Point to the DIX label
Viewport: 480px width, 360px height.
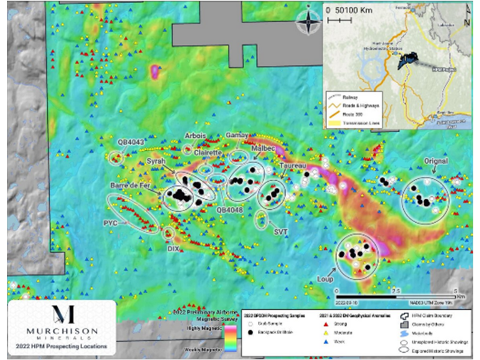[173, 247]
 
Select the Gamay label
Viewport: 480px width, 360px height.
[237, 136]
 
